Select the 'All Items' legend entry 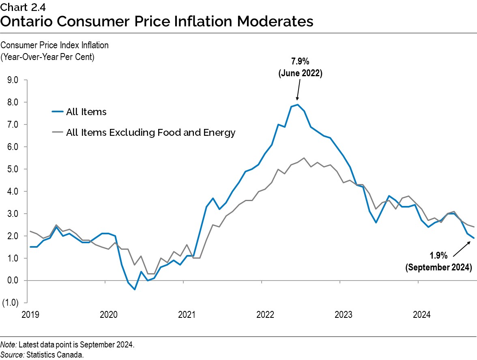(x=86, y=112)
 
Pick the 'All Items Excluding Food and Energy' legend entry (x=150, y=133)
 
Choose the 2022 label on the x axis (x=264, y=315)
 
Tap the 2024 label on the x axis (x=421, y=315)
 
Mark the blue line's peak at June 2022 (x=298, y=105)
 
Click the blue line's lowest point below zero (x=134, y=289)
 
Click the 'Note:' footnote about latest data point (x=67, y=345)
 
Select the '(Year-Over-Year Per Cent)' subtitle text (x=48, y=57)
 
